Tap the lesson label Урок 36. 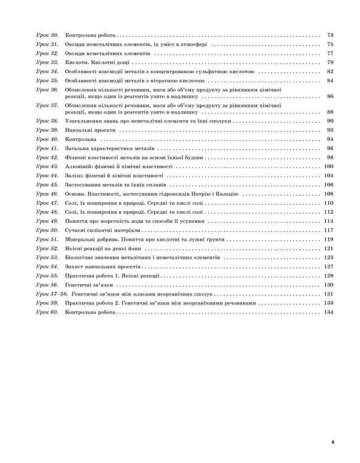[x=46, y=89]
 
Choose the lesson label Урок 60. [x=46, y=313]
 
